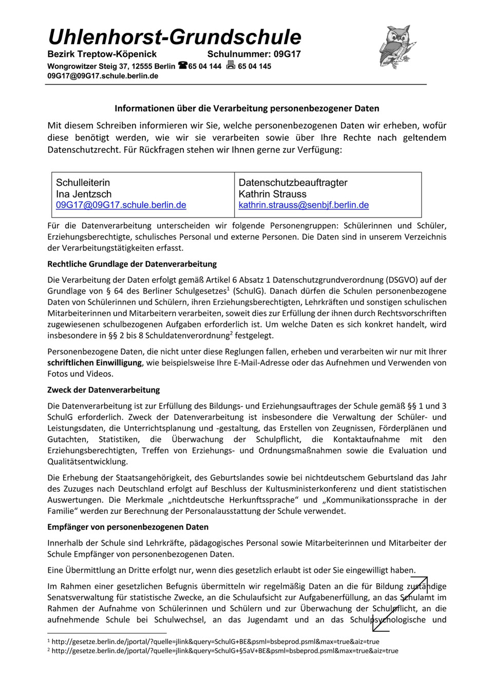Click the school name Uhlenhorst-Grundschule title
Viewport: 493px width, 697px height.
pos(175,37)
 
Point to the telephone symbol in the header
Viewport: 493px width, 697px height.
pos(182,66)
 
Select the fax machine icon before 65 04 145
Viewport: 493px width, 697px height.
pos(231,65)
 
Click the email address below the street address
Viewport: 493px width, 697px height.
pos(103,76)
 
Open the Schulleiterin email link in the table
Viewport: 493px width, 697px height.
pos(121,205)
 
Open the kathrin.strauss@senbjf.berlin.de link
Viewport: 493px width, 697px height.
pos(304,205)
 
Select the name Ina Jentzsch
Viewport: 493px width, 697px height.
pos(84,194)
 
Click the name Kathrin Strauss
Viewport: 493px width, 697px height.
pos(272,194)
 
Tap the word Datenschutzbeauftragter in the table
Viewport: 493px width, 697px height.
pos(293,183)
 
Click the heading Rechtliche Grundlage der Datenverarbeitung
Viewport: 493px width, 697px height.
pos(132,264)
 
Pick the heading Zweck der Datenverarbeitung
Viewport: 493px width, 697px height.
pos(103,390)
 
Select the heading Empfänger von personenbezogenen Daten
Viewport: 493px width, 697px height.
pos(128,527)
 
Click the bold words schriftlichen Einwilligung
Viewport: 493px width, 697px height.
pos(94,363)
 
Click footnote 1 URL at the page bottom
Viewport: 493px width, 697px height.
pos(215,642)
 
